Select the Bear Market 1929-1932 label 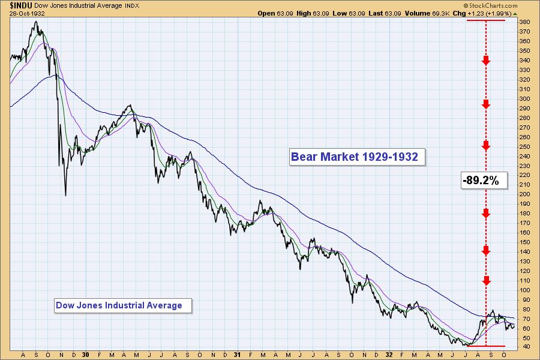pyautogui.click(x=358, y=157)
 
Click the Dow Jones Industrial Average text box pyautogui.click(x=119, y=305)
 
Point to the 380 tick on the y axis pyautogui.click(x=524, y=22)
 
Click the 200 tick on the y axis pyautogui.click(x=524, y=194)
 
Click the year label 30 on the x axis pyautogui.click(x=86, y=355)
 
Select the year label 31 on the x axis pyautogui.click(x=238, y=355)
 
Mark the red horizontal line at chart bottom pyautogui.click(x=486, y=346)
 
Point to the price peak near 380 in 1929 pyautogui.click(x=37, y=23)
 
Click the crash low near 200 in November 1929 pyautogui.click(x=65, y=194)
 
